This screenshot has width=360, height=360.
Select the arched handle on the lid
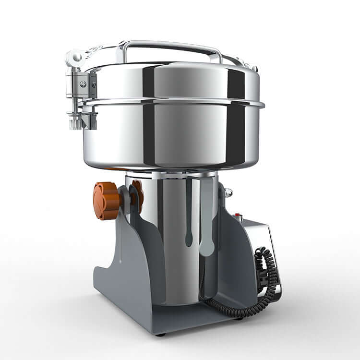pyautogui.click(x=168, y=46)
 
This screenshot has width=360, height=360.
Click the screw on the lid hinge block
pyautogui.click(x=84, y=84)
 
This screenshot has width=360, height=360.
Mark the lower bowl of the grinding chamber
pyautogui.click(x=173, y=139)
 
